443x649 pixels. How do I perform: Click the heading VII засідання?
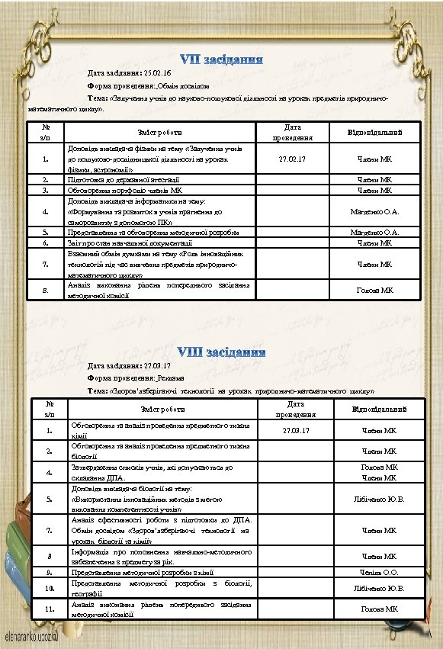[222, 59]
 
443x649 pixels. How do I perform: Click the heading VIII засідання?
[222, 352]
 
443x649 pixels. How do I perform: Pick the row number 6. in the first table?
[47, 243]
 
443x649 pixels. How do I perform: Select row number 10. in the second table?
[50, 589]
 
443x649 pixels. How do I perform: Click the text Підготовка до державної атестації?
[124, 179]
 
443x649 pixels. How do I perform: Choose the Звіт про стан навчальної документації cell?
[130, 243]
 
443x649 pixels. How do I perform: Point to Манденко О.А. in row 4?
[374, 211]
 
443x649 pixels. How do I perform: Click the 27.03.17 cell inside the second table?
[295, 431]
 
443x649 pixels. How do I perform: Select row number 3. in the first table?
[47, 191]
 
